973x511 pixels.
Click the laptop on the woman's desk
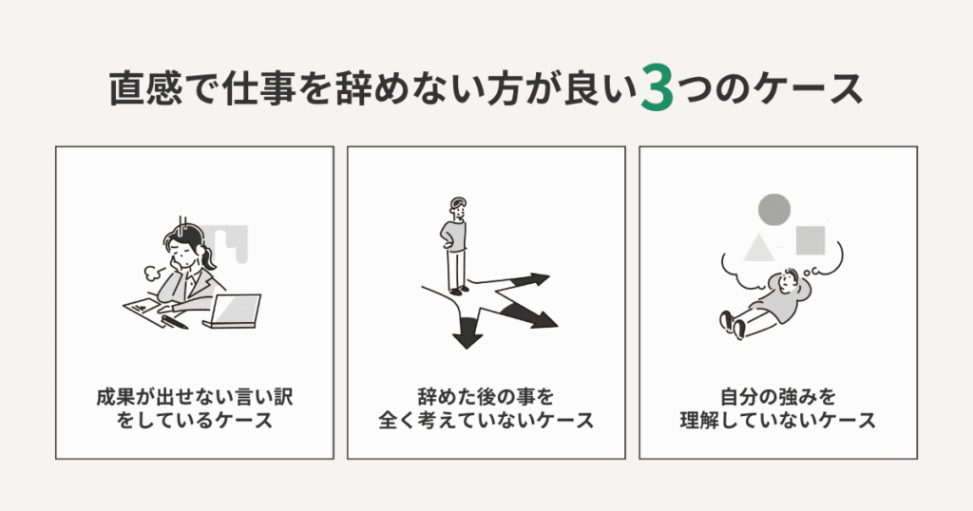(x=231, y=311)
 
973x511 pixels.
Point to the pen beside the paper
(x=175, y=322)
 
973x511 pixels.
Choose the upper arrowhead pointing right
(x=539, y=280)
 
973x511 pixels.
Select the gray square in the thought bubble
(x=810, y=240)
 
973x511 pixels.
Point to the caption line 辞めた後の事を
(x=486, y=393)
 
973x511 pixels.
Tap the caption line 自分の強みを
(x=777, y=393)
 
